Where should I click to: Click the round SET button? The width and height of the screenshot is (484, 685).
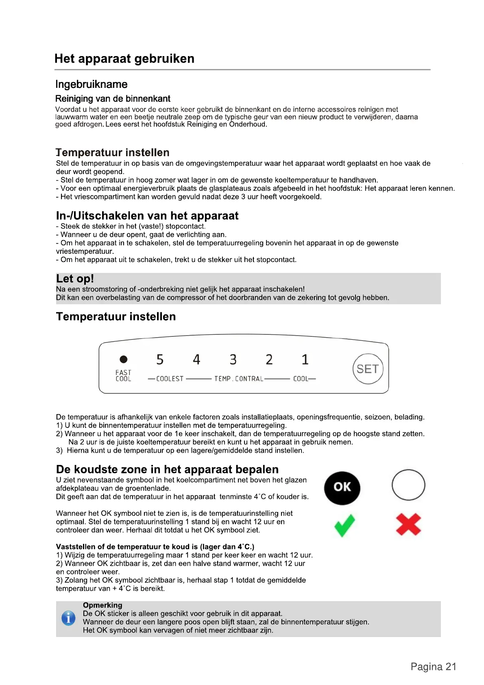(x=368, y=369)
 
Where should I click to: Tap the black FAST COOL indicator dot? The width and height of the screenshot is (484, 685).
(x=123, y=359)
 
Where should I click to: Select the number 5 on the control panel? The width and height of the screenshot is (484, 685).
(x=160, y=360)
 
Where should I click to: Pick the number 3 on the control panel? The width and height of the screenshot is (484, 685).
(x=233, y=360)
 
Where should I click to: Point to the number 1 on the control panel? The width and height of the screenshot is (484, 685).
(x=305, y=360)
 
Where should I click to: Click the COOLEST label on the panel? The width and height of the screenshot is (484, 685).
(x=170, y=379)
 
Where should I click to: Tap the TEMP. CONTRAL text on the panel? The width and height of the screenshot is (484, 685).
(x=239, y=379)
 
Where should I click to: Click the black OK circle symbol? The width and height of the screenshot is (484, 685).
(x=342, y=488)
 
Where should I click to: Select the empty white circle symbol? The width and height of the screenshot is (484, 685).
(x=408, y=485)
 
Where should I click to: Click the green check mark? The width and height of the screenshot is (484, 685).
(x=344, y=525)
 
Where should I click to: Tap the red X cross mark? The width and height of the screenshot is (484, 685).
(x=408, y=524)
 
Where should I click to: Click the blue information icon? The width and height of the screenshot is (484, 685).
(x=68, y=618)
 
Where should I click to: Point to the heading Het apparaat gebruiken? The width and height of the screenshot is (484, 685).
(x=124, y=59)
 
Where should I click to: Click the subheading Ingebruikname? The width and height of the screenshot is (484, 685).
(x=92, y=84)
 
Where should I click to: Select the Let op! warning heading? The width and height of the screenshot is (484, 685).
(x=75, y=279)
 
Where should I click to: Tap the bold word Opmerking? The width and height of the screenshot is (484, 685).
(x=102, y=605)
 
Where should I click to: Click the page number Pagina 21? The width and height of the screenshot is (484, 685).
(x=433, y=667)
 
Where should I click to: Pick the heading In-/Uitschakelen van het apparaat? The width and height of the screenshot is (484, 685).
(x=147, y=216)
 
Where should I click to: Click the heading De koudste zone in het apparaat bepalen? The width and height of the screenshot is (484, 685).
(x=167, y=469)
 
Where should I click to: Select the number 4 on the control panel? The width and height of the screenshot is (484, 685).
(x=196, y=360)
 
